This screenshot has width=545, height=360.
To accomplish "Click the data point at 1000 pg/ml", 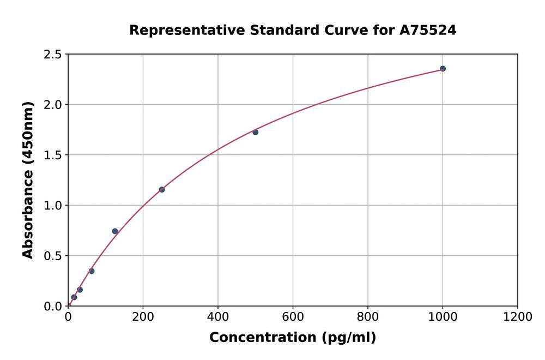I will tap(443, 69).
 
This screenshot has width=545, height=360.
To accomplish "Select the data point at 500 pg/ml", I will tap(256, 132).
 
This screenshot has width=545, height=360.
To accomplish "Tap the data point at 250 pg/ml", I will tap(162, 190).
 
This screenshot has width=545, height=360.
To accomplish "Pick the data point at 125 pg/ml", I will tap(115, 231).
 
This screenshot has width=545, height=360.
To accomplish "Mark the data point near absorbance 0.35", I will tap(92, 271).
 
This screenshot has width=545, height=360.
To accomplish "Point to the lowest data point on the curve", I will tap(74, 297).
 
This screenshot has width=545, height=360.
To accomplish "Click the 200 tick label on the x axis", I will tap(143, 317).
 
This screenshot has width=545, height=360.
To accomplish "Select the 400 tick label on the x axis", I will tap(218, 317).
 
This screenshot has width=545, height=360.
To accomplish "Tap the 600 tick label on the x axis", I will tap(293, 317).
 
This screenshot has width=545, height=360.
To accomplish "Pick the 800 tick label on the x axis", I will tap(368, 317).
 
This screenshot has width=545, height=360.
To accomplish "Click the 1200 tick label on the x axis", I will tap(517, 317).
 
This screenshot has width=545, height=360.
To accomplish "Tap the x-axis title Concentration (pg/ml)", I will tap(293, 338).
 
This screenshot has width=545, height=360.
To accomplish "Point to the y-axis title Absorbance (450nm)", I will tap(28, 180).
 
